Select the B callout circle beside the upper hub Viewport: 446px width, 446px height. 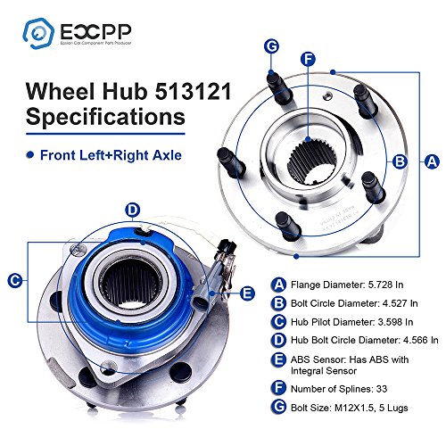pos(401,161)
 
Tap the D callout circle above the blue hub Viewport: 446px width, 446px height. pos(133,211)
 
